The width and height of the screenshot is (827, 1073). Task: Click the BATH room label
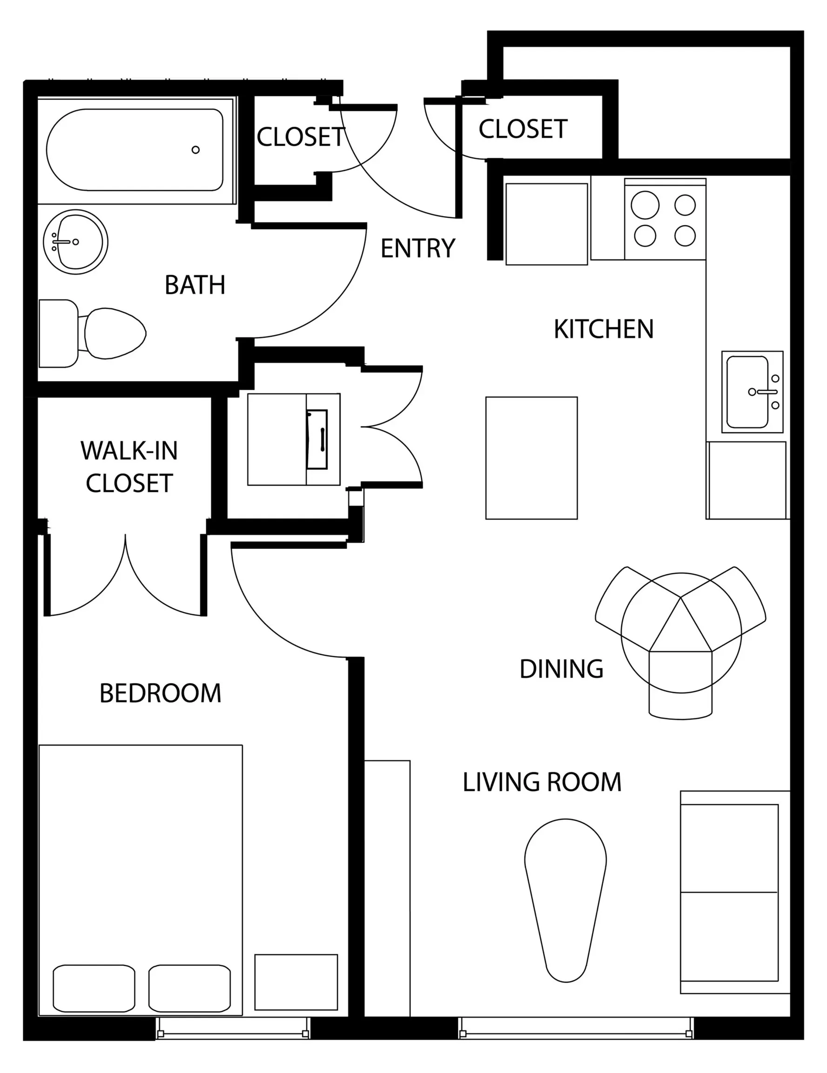[195, 285]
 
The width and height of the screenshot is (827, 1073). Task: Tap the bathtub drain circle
[195, 150]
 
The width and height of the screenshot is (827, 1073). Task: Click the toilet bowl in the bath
[115, 333]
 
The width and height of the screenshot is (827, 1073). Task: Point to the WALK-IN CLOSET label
[129, 467]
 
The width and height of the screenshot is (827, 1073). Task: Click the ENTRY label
[418, 248]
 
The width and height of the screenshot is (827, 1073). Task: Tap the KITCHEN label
[604, 329]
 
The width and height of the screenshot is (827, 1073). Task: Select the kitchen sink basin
[747, 392]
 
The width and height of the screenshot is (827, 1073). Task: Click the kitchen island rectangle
[531, 458]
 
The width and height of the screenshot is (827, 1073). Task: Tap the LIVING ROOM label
[542, 782]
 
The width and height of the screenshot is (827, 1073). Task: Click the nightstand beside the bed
[296, 982]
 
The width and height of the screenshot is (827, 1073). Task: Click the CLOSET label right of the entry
[523, 129]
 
